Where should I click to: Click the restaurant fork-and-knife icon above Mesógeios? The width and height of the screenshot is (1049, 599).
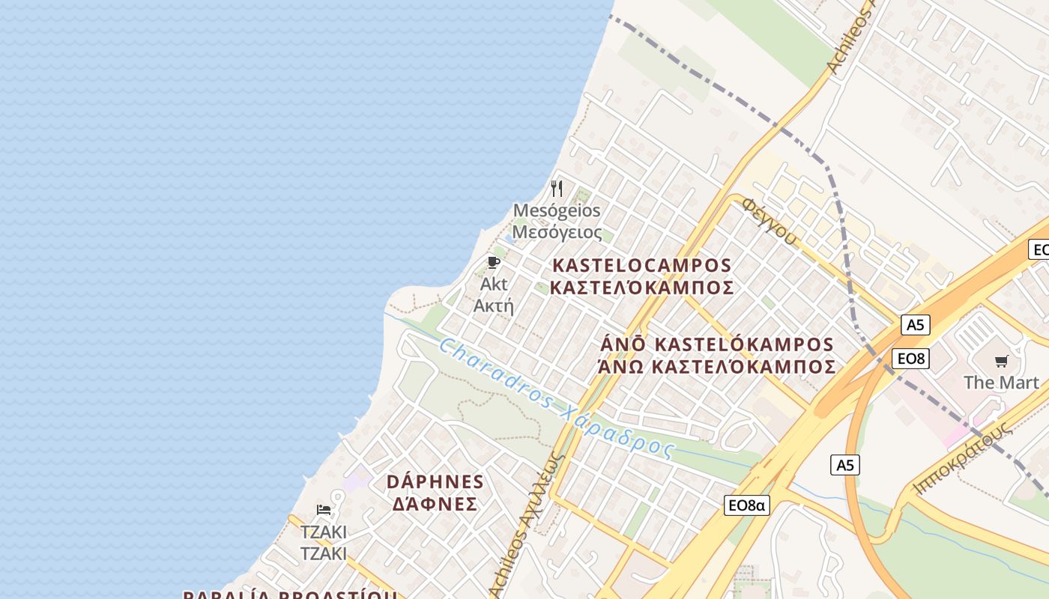(x=557, y=188)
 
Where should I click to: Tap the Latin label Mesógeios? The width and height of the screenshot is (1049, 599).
(x=557, y=210)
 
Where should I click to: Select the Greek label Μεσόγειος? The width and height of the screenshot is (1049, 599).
(x=557, y=232)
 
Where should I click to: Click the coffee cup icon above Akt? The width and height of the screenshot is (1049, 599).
(x=493, y=262)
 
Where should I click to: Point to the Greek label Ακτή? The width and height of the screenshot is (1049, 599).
(x=494, y=305)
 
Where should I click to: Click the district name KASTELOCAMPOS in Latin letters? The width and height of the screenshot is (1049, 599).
(x=641, y=266)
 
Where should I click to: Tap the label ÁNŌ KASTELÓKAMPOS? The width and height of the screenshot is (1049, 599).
(x=717, y=344)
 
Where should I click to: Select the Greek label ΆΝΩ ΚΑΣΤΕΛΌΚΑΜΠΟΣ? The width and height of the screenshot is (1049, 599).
(x=716, y=367)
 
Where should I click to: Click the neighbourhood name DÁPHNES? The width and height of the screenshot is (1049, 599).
(x=435, y=481)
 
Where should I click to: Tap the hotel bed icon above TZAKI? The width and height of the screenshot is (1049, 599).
(x=324, y=510)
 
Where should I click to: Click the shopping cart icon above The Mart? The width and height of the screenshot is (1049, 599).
(x=1002, y=362)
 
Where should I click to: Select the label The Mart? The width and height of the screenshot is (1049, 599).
(x=1001, y=383)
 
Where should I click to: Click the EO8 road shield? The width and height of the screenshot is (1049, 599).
(x=911, y=359)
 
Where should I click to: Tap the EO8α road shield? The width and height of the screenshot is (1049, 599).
(x=747, y=505)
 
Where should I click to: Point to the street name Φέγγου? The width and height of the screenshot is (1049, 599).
(x=770, y=222)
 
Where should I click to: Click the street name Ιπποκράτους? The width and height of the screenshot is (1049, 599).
(x=962, y=464)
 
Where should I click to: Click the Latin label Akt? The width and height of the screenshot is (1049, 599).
(x=494, y=284)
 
